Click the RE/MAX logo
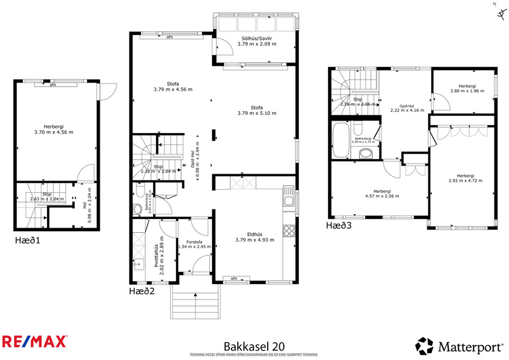pos(35,341)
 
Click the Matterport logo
pos(459,347)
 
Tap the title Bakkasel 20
pos(254,346)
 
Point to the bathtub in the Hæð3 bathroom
pos(340,139)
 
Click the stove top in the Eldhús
pos(289,230)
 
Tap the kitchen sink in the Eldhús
pos(288,201)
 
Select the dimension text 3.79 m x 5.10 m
pos(257,113)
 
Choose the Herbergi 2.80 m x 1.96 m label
pos(467,91)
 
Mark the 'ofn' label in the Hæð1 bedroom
pos(52,85)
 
